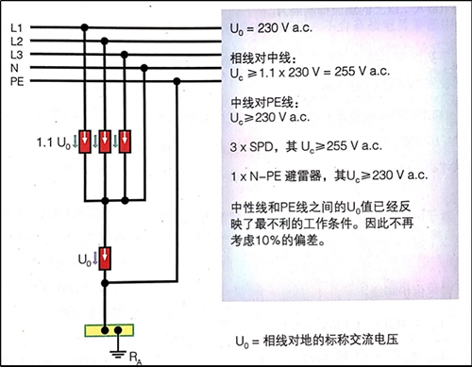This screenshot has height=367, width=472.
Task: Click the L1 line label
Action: [15, 29]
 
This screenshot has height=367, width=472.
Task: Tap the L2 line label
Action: [15, 42]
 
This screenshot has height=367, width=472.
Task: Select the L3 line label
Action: [15, 56]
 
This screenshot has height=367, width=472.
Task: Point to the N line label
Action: [14, 69]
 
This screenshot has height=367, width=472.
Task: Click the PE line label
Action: [15, 82]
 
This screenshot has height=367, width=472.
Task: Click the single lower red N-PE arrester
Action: [105, 257]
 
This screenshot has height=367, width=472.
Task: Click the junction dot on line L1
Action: [84, 29]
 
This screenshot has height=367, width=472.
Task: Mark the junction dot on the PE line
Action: [178, 82]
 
